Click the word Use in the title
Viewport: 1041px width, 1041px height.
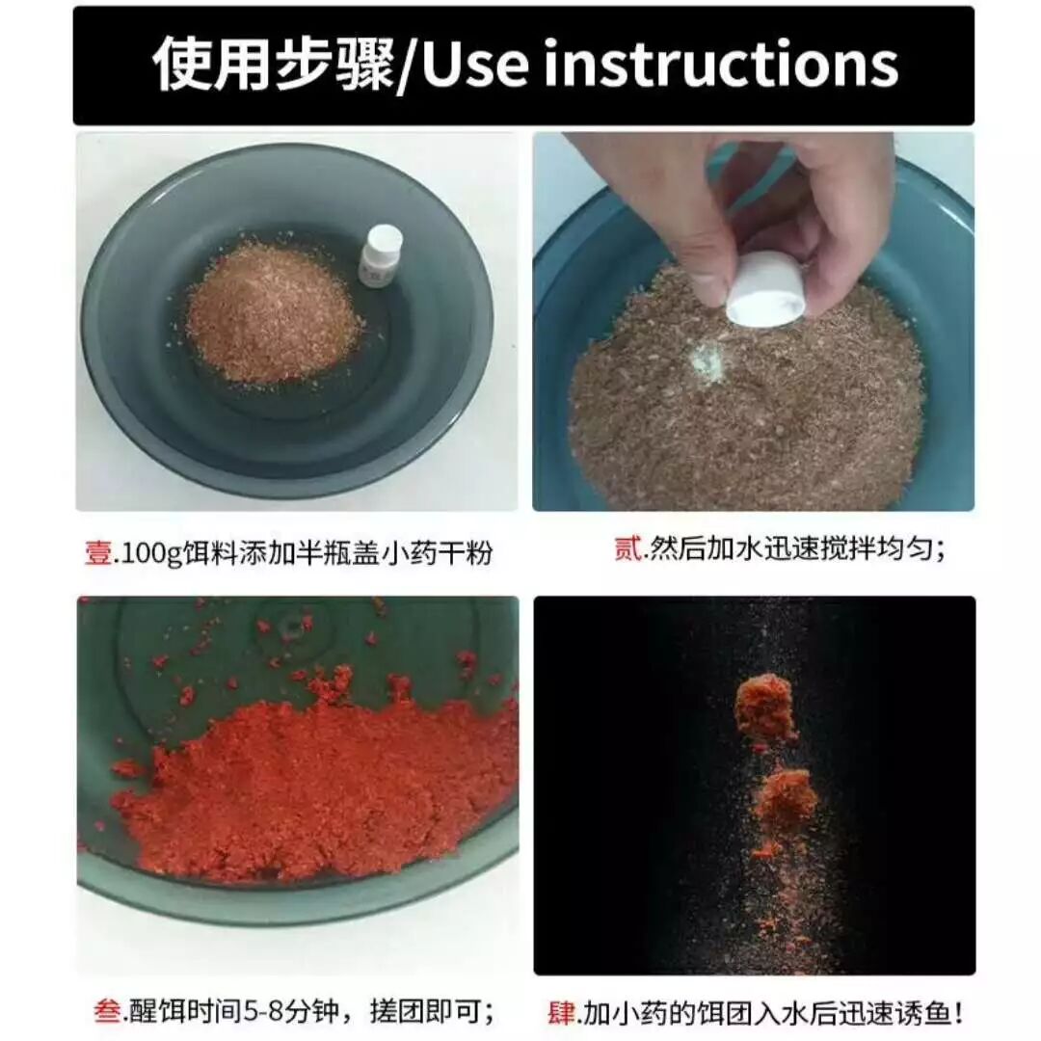pyautogui.click(x=475, y=65)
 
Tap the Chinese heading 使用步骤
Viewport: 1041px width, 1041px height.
pyautogui.click(x=273, y=65)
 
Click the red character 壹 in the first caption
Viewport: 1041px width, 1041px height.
pyautogui.click(x=98, y=552)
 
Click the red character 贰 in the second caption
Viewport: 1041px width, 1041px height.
pyautogui.click(x=627, y=549)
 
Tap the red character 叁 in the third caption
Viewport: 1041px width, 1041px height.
pyautogui.click(x=107, y=1011)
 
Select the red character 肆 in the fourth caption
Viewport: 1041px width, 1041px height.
pyautogui.click(x=561, y=1013)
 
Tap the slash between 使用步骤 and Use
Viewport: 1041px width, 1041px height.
pyautogui.click(x=408, y=67)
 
